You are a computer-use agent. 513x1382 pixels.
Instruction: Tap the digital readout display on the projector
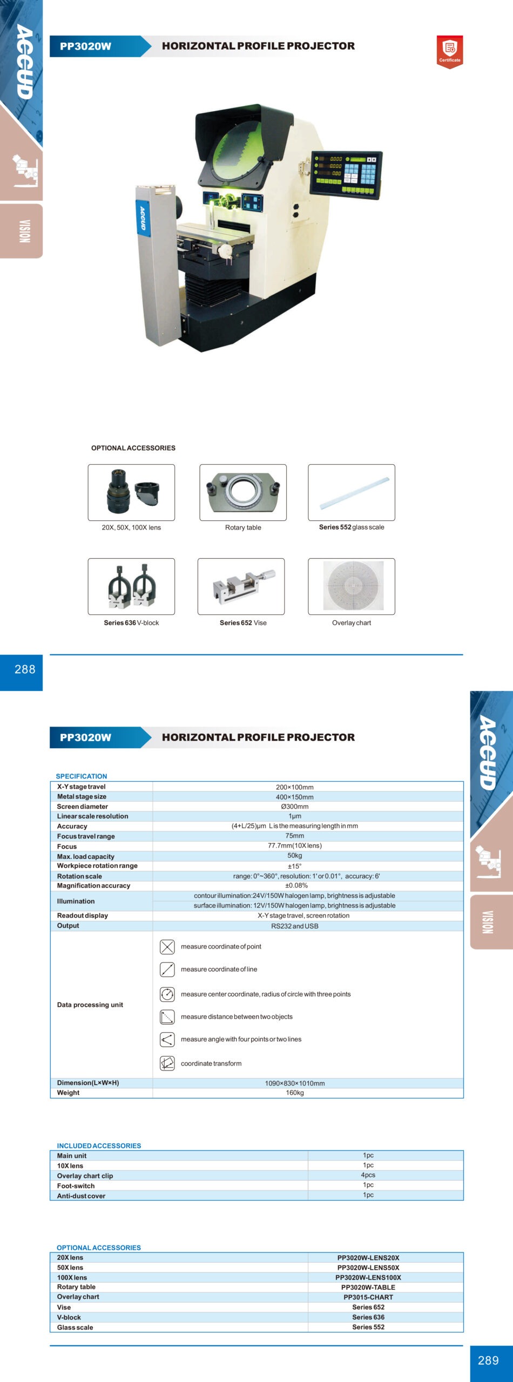tap(346, 174)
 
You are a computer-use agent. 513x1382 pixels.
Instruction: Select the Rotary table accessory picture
tap(243, 492)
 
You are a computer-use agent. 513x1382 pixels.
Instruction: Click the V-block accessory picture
tap(131, 586)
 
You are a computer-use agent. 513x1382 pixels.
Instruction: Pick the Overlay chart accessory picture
tap(352, 586)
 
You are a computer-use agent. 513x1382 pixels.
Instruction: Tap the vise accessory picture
tap(241, 586)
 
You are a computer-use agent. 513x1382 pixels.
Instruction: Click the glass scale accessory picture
tap(352, 492)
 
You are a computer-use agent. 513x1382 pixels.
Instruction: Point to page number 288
tap(25, 669)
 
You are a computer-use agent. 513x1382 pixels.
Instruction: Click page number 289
tap(488, 1360)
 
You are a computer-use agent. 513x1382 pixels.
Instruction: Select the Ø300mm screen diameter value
tap(294, 807)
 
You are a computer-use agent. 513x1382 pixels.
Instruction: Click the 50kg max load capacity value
tap(294, 856)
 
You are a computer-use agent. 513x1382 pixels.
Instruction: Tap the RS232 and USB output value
tap(294, 926)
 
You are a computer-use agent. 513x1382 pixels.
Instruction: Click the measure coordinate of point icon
tap(167, 947)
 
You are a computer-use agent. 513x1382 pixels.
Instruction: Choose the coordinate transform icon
tap(167, 1063)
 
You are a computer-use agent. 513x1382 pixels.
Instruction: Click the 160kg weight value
tap(294, 1093)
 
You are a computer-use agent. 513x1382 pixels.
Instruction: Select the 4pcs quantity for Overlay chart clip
tap(368, 1175)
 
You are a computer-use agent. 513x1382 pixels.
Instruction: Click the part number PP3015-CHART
tap(368, 1297)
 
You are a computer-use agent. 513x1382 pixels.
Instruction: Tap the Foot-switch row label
tap(76, 1185)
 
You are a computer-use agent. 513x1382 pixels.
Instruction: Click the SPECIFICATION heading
tap(82, 776)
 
